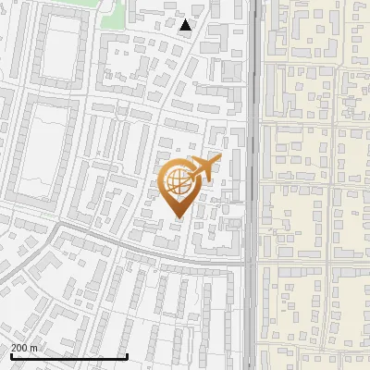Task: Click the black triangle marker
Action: pyautogui.click(x=186, y=26)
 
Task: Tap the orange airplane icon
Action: pyautogui.click(x=203, y=169)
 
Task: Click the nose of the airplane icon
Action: pyautogui.click(x=218, y=160)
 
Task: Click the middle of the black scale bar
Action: pyautogui.click(x=68, y=356)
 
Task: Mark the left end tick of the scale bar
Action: pyautogui.click(x=11, y=355)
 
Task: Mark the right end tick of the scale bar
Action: pyautogui.click(x=127, y=355)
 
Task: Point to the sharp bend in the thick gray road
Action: pyautogui.click(x=57, y=226)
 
